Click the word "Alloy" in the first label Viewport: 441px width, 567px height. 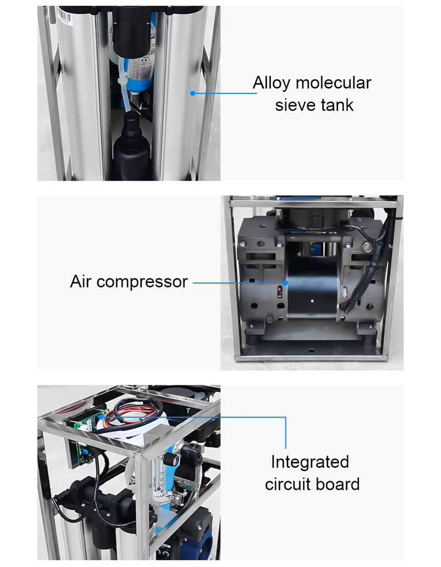pyautogui.click(x=272, y=84)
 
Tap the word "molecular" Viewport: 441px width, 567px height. pyautogui.click(x=334, y=83)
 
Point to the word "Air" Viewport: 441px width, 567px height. pyautogui.click(x=80, y=281)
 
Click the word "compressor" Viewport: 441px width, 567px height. pyautogui.click(x=142, y=282)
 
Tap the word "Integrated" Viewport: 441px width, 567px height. pyautogui.click(x=310, y=462)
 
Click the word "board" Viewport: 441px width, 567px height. pyautogui.click(x=338, y=484)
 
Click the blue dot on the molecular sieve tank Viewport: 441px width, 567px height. pyautogui.click(x=192, y=93)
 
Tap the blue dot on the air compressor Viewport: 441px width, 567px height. pyautogui.click(x=286, y=283)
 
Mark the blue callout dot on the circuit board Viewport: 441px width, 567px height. pyautogui.click(x=101, y=417)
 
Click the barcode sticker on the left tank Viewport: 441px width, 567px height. pyautogui.click(x=64, y=17)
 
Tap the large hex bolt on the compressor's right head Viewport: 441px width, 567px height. pyautogui.click(x=367, y=247)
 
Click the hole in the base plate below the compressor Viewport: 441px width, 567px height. pyautogui.click(x=311, y=351)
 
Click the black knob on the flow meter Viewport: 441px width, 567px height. pyautogui.click(x=170, y=460)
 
